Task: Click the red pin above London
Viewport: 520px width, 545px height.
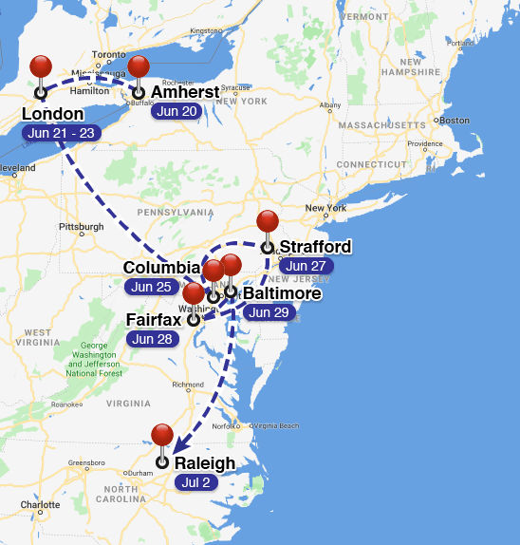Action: tap(41, 67)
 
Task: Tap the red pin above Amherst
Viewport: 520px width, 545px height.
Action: tap(139, 67)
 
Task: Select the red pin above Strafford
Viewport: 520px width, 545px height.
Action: tap(268, 222)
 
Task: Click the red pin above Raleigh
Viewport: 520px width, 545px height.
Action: tap(162, 436)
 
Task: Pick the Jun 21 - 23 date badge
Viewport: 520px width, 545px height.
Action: tap(61, 133)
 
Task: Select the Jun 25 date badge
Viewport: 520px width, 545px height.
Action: tap(151, 287)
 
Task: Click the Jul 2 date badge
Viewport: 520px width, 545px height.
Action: tap(195, 482)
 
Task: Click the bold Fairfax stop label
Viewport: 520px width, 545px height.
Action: tap(154, 320)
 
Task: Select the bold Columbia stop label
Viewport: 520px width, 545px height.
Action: tap(162, 269)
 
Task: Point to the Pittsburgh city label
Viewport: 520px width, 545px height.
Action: tap(81, 228)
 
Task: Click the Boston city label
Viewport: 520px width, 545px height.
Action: tap(455, 121)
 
